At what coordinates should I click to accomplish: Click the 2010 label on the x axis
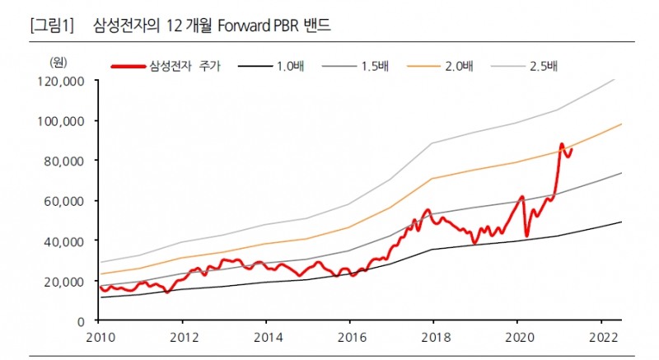(99, 338)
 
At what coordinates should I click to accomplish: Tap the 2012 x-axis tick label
(183, 338)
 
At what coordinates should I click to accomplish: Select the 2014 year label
(266, 338)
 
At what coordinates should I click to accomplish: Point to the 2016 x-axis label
(350, 338)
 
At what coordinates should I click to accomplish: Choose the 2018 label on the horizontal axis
(434, 338)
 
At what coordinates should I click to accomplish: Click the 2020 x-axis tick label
(517, 338)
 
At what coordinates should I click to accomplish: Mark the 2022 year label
(601, 338)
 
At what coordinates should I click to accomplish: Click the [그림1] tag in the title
(51, 26)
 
